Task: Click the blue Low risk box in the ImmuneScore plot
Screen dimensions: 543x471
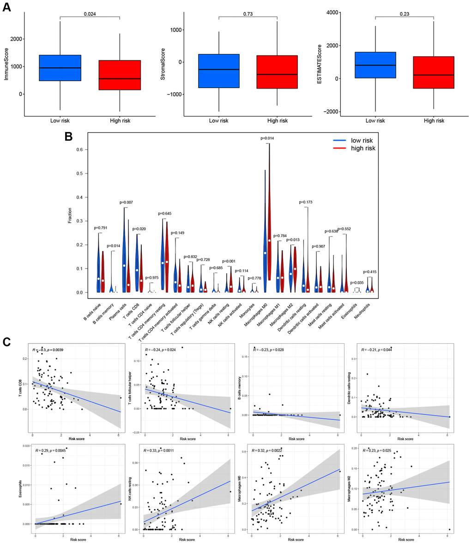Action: coord(60,68)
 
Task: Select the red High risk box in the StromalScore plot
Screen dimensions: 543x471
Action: coord(277,72)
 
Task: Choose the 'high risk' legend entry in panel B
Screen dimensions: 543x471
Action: coord(363,148)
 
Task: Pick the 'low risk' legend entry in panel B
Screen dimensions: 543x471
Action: coord(362,140)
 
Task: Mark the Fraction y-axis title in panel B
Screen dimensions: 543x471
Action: coord(70,215)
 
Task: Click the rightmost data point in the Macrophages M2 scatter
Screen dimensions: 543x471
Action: coord(449,529)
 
